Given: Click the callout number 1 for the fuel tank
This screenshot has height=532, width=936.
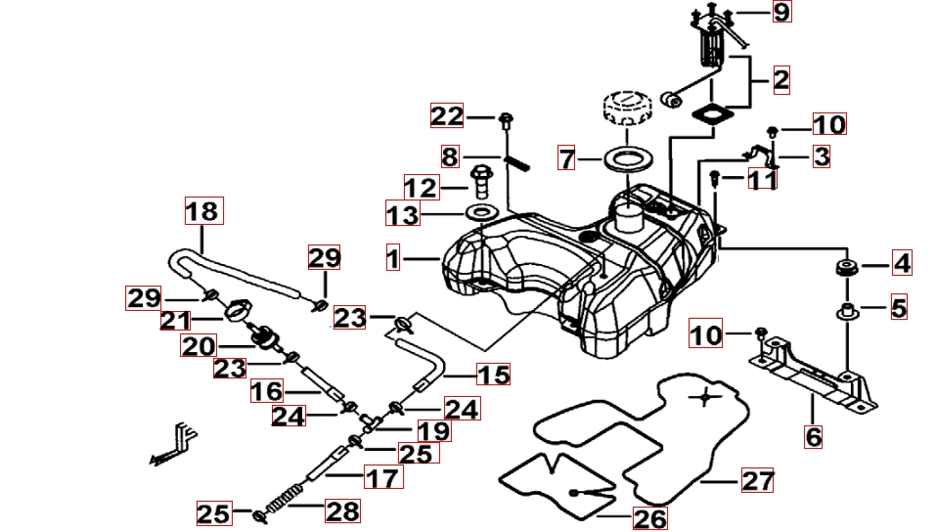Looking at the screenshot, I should pyautogui.click(x=393, y=258).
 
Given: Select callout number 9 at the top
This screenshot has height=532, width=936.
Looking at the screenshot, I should pyautogui.click(x=780, y=12).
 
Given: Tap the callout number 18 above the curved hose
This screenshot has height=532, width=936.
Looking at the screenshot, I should pyautogui.click(x=203, y=210).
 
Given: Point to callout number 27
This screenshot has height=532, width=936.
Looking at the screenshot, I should pyautogui.click(x=758, y=480).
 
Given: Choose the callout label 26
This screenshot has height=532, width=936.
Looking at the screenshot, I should pyautogui.click(x=649, y=517).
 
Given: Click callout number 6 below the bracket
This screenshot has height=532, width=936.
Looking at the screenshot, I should pyautogui.click(x=814, y=436).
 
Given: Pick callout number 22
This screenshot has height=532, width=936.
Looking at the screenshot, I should pyautogui.click(x=447, y=116).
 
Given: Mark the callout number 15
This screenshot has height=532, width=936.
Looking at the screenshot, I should pyautogui.click(x=494, y=375).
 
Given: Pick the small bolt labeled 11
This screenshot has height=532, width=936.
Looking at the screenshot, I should pyautogui.click(x=715, y=178).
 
